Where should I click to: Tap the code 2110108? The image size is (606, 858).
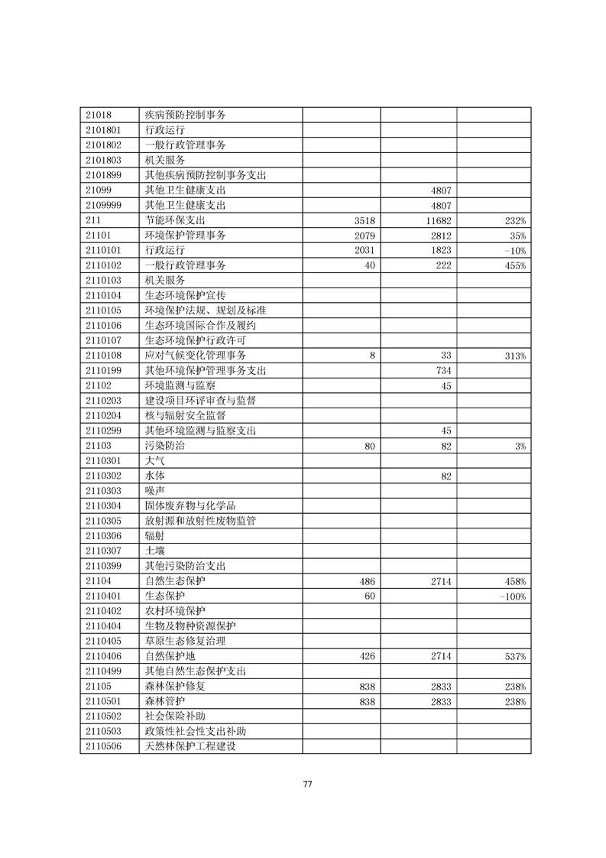point(104,355)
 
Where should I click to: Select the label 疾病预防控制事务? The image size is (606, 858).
point(186,115)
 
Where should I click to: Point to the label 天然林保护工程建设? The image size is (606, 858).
point(190,746)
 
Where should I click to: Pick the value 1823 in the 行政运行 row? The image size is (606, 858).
point(440,250)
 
